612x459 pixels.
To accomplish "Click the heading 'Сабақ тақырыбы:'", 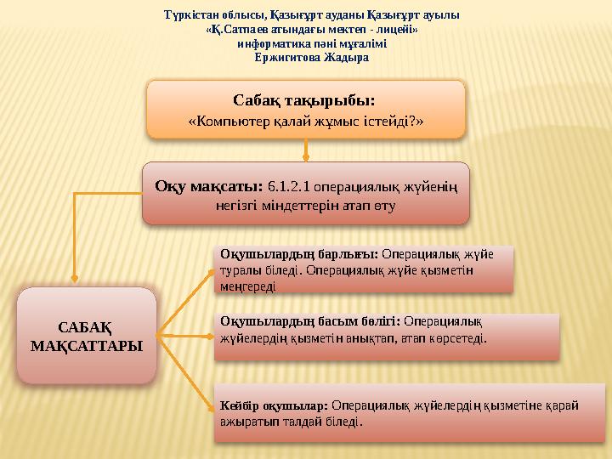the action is pos(304,100).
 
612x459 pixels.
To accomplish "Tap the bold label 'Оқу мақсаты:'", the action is pos(209,186).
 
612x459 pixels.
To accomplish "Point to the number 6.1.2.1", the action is pos(288,186).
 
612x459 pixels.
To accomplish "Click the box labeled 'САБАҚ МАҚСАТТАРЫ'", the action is pos(87,336).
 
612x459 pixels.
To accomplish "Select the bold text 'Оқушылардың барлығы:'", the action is pos(299,254).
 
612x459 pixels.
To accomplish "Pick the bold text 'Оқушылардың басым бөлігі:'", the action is pos(310,321).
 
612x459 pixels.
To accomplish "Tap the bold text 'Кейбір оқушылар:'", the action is pos(274,406).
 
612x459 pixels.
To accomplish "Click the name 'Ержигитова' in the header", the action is pos(287,58).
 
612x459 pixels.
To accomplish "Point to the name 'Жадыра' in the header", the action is pos(346,58).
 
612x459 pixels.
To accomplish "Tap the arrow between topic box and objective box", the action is pos(306,150).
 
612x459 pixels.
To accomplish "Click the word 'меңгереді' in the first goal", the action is pos(248,287).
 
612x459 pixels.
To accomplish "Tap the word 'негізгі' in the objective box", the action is pos(236,206).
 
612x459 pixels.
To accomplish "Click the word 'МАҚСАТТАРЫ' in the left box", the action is pos(87,346).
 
